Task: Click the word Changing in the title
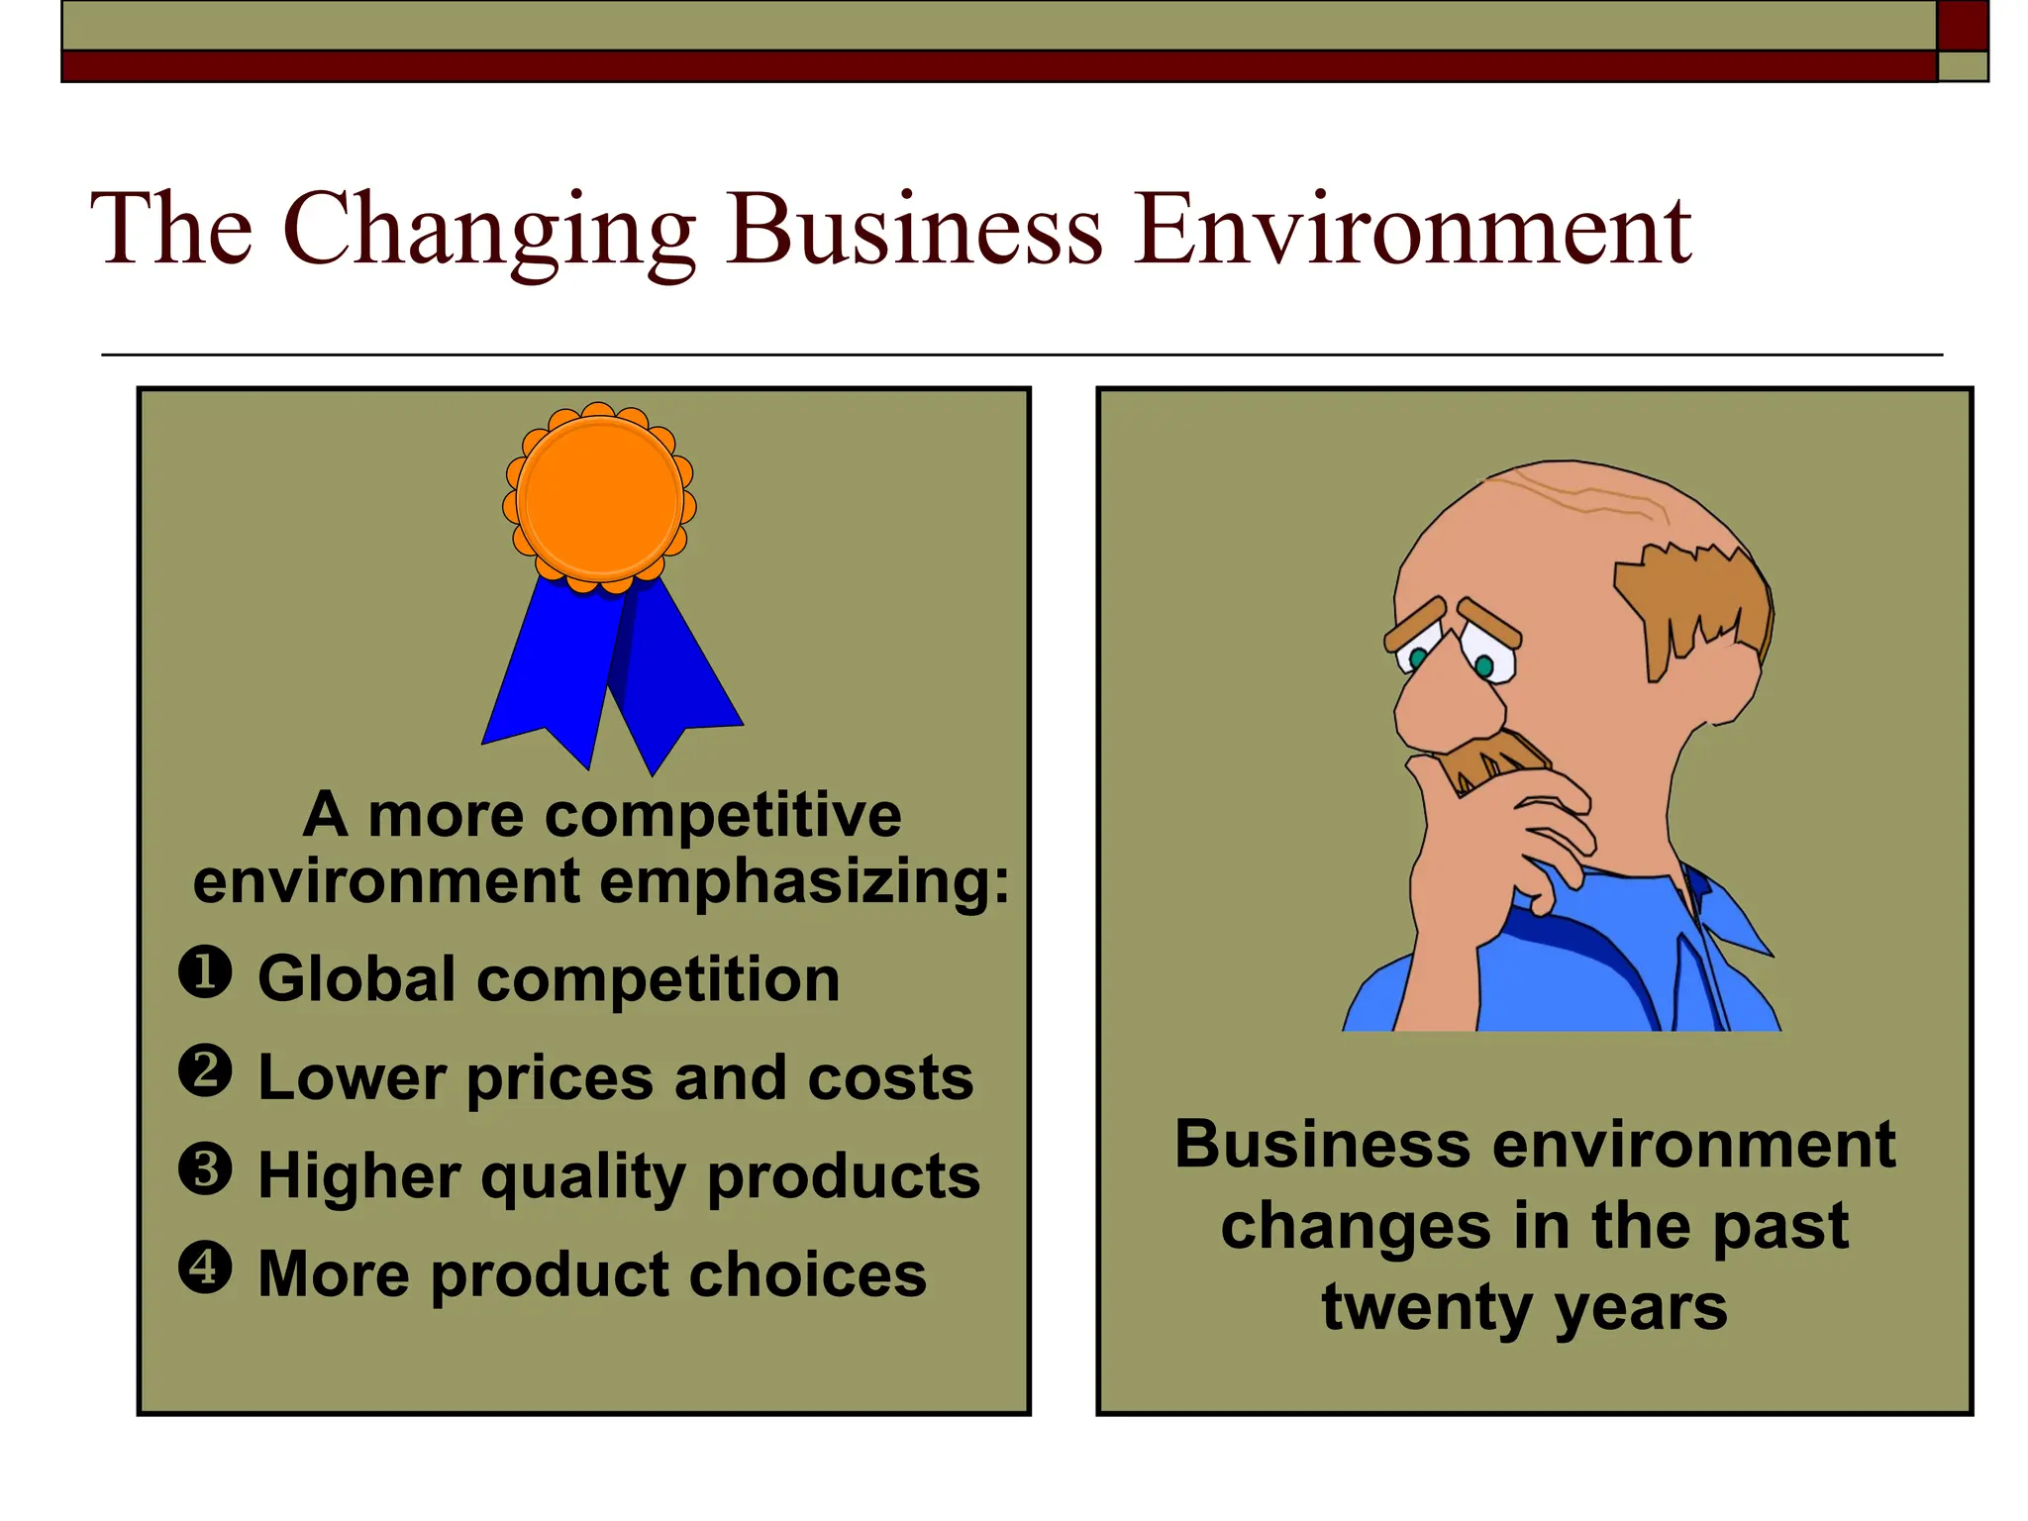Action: [x=489, y=231]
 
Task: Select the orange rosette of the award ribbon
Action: [x=599, y=498]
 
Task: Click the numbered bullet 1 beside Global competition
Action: [x=205, y=972]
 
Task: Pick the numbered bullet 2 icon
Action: [x=205, y=1071]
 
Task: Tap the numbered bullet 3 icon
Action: [x=205, y=1169]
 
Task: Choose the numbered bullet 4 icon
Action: [x=205, y=1267]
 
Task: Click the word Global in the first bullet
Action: [x=357, y=979]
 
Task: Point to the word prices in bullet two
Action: [x=560, y=1078]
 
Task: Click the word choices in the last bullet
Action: [x=808, y=1274]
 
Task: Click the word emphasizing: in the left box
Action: [x=804, y=882]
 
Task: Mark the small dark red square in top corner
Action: [x=1962, y=25]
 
